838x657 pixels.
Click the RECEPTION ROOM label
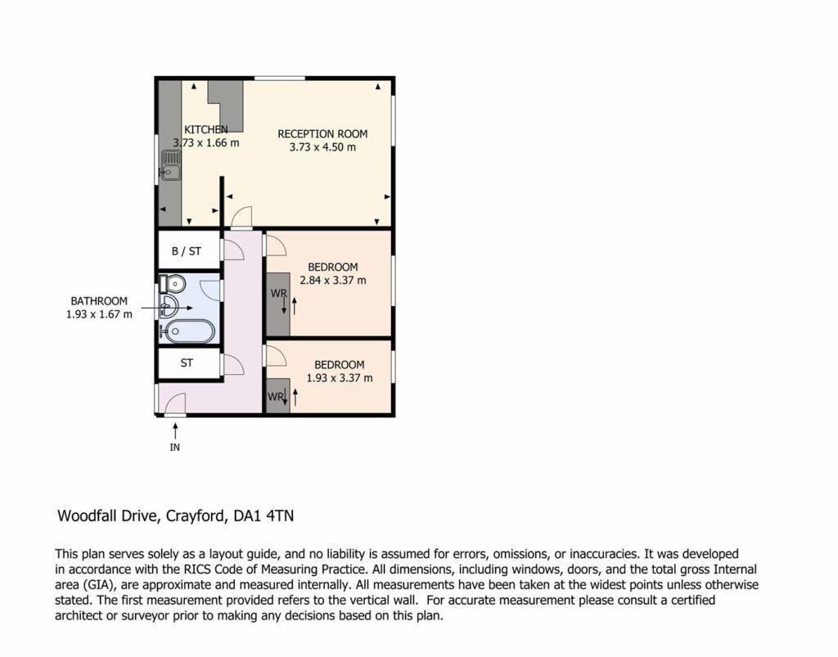click(322, 134)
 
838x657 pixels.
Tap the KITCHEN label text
click(206, 129)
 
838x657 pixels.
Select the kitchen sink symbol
click(171, 165)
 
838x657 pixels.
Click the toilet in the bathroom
click(172, 284)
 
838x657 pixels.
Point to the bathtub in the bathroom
click(188, 331)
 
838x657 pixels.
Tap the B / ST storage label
click(187, 251)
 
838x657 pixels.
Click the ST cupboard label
click(187, 363)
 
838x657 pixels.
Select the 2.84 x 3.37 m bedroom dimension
click(333, 281)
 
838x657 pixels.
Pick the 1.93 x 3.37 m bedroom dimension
click(340, 378)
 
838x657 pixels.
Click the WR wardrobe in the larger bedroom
click(278, 304)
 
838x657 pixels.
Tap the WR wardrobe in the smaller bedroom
click(278, 395)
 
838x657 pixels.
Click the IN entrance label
click(175, 448)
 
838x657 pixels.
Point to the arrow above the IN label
click(175, 430)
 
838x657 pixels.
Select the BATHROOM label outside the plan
click(99, 301)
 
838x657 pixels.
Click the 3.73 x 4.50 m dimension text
click(322, 147)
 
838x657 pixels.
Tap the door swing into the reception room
click(241, 217)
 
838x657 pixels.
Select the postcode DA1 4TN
click(264, 516)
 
